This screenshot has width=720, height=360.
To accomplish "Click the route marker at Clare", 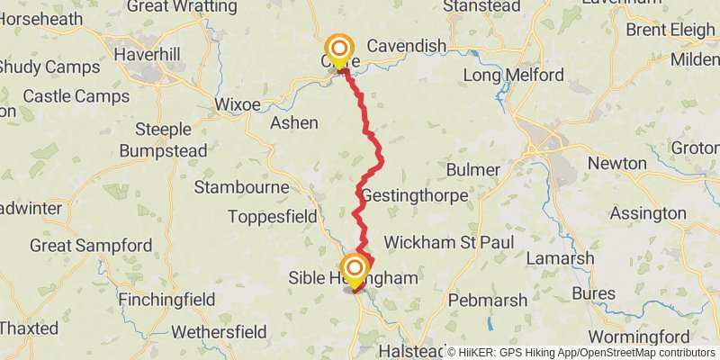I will click(x=339, y=49).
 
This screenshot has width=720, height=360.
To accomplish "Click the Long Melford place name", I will click(x=513, y=75).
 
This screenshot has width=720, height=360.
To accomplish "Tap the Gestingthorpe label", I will click(x=414, y=195).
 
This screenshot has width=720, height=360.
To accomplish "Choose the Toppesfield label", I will click(x=272, y=216).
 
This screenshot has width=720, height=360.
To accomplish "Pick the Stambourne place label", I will click(x=242, y=187).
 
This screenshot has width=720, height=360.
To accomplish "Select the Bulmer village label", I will click(x=472, y=169).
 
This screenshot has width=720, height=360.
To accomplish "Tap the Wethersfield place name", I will click(x=219, y=332).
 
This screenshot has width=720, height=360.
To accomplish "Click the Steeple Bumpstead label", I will click(x=163, y=139).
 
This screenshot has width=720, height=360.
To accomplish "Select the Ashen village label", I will click(x=294, y=122).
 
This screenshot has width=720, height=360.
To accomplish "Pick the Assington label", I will click(x=647, y=213).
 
